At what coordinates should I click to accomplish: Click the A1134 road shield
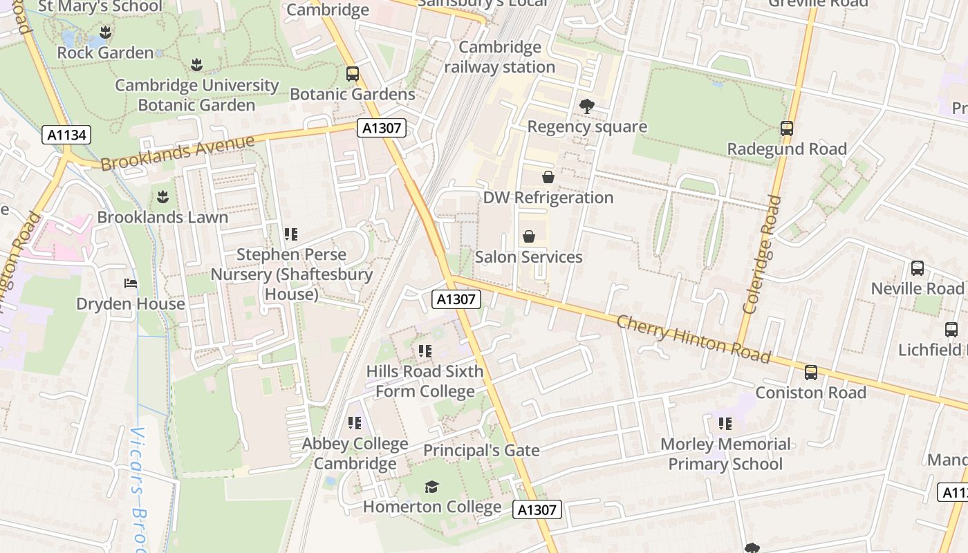coord(67,135)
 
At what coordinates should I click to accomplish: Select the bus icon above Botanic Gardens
coord(353,73)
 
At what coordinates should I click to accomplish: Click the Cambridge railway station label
coord(500,57)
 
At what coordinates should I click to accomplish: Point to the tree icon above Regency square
coord(587,106)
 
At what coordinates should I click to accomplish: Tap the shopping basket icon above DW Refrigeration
coord(548,177)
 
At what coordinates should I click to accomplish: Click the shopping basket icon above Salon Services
coord(529,236)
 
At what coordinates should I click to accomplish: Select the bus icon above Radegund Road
coord(787,128)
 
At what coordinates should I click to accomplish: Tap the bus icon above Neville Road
coord(918,268)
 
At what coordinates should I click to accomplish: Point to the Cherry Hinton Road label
coord(693,339)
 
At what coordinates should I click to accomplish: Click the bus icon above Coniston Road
coord(811,373)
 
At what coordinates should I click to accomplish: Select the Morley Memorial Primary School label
coord(725,453)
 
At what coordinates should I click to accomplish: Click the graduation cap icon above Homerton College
coord(432,487)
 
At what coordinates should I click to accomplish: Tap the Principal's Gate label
coord(481,451)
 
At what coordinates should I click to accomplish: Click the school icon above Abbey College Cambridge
coord(355,422)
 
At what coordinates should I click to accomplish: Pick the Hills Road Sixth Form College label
coord(425,381)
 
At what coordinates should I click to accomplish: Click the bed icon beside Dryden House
coord(131,283)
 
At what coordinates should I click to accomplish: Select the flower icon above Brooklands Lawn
coord(162,197)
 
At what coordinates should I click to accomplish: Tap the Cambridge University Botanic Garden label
coord(197,95)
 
